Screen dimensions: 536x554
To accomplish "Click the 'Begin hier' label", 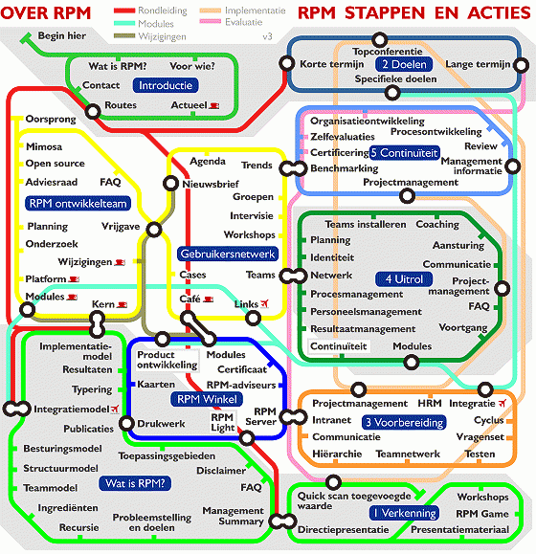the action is pyautogui.click(x=62, y=35).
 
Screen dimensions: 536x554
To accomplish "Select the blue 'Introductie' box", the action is pyautogui.click(x=166, y=85).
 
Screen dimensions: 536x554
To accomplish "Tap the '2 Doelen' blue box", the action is pyautogui.click(x=404, y=64).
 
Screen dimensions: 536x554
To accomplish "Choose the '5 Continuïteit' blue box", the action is pyautogui.click(x=404, y=153).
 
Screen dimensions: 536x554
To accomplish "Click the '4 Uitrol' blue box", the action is pyautogui.click(x=404, y=279).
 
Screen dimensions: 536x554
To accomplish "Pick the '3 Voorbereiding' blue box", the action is pyautogui.click(x=404, y=422).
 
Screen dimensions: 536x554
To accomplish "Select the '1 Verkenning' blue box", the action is pyautogui.click(x=404, y=513).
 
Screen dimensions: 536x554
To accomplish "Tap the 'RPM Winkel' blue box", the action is pyautogui.click(x=207, y=399).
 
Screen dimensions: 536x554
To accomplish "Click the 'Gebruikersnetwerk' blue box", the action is pyautogui.click(x=228, y=254).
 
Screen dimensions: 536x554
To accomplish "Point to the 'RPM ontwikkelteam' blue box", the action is pyautogui.click(x=78, y=204).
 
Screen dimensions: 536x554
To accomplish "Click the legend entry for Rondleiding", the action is pyautogui.click(x=150, y=11).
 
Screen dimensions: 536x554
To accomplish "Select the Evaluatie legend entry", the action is pyautogui.click(x=232, y=22).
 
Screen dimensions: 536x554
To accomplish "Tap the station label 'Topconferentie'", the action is pyautogui.click(x=388, y=52).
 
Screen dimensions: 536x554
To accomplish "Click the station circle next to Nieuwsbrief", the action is pyautogui.click(x=170, y=184).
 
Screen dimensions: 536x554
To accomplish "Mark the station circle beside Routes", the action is pyautogui.click(x=93, y=112).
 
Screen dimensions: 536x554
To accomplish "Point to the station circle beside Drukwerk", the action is pyautogui.click(x=126, y=423).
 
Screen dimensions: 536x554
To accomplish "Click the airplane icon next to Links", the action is pyautogui.click(x=264, y=303).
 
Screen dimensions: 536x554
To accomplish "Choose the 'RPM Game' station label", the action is pyautogui.click(x=482, y=514).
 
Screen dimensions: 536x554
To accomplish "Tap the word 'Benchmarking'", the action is pyautogui.click(x=345, y=168).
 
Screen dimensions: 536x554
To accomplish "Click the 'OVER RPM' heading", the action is pyautogui.click(x=46, y=13).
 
